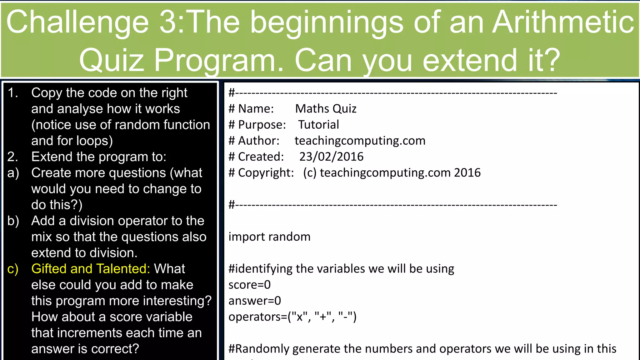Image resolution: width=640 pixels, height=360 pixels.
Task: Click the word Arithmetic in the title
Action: point(563,22)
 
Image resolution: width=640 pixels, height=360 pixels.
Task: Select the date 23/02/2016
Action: point(331,157)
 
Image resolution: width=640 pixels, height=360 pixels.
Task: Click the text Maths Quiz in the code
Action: point(326,109)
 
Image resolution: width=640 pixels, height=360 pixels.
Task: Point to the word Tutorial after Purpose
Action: point(318,125)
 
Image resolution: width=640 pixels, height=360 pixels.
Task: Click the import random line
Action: point(269,237)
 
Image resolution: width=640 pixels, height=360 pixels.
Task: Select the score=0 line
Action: point(249,285)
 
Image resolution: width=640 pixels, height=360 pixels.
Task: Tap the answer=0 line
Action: point(255,301)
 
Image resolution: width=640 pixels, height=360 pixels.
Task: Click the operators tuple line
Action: point(292,317)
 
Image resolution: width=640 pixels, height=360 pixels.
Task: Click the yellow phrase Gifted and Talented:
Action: point(91,269)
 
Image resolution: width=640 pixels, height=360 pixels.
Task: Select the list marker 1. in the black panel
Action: point(13,93)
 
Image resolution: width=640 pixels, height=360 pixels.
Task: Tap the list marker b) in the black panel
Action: point(13,221)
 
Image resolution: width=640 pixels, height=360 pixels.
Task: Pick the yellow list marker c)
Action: point(13,269)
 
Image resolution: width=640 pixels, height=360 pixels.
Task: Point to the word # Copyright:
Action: point(261,173)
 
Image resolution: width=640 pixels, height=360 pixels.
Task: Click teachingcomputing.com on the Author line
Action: point(360,141)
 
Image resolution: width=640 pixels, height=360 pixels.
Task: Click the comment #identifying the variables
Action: point(341,269)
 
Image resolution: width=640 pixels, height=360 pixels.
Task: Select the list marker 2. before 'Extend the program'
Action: point(13,157)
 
